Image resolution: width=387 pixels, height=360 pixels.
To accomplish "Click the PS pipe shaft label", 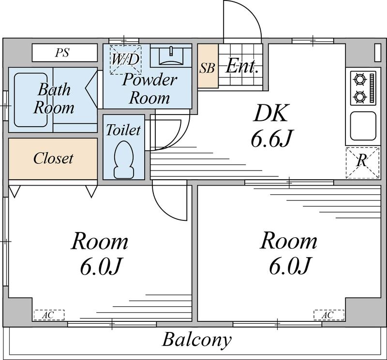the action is [x=62, y=53].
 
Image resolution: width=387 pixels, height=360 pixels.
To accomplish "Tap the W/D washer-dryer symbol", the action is [x=126, y=59].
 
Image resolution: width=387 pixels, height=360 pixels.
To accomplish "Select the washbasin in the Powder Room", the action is [x=171, y=56].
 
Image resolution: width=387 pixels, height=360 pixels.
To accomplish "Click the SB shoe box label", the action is [x=208, y=68].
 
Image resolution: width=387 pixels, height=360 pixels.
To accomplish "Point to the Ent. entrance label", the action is [x=242, y=66].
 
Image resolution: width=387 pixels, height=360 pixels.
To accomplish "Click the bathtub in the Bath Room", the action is [x=31, y=100].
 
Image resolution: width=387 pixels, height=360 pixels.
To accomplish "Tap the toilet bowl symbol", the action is [x=124, y=159].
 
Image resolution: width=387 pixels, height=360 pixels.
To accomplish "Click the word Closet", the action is [x=53, y=158].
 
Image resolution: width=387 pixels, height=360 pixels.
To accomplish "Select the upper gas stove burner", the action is [x=360, y=79].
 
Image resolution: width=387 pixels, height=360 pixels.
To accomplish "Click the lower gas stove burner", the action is [x=360, y=97].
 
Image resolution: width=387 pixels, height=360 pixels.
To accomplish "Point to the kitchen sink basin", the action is [x=363, y=125].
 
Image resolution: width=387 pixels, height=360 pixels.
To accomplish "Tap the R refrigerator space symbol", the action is [x=362, y=163].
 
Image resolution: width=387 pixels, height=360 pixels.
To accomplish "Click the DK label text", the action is [x=271, y=113].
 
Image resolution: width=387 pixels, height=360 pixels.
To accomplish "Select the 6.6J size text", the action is [x=271, y=138].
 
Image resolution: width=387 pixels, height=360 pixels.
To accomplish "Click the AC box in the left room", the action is [x=49, y=315].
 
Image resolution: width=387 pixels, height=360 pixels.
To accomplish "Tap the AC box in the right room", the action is [x=329, y=315].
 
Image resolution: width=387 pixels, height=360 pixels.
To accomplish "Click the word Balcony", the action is [x=197, y=340].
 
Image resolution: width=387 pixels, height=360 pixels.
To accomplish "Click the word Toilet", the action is [x=123, y=130].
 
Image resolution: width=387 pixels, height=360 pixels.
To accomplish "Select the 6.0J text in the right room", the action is [x=289, y=266].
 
